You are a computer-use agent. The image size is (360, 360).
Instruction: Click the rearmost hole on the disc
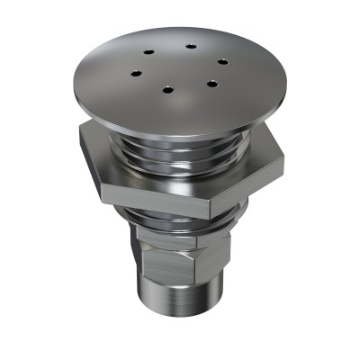coord(192,46)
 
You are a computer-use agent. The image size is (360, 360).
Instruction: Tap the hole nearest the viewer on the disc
coord(167,87)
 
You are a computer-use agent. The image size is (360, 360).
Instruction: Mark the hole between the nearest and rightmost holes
coord(211,84)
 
